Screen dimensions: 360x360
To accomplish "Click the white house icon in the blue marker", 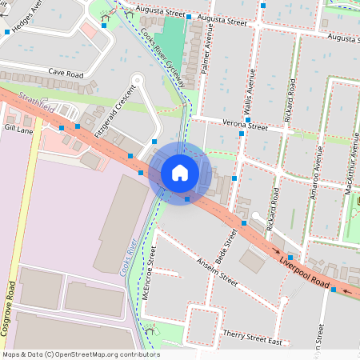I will [180, 173].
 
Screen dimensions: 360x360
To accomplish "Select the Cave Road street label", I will [66, 73].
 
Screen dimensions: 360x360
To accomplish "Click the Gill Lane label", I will [18, 127].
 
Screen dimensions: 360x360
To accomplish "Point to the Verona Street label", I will [246, 126].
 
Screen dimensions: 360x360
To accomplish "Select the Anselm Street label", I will [217, 271].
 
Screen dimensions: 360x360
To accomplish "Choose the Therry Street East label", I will [253, 340].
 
